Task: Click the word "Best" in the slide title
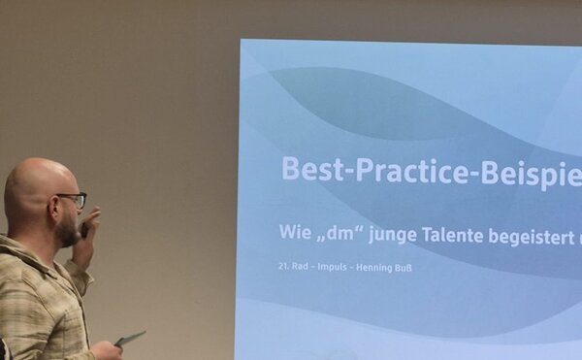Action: click(308, 170)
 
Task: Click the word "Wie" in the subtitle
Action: click(298, 232)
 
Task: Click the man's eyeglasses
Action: click(71, 199)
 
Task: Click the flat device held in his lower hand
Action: click(130, 338)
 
